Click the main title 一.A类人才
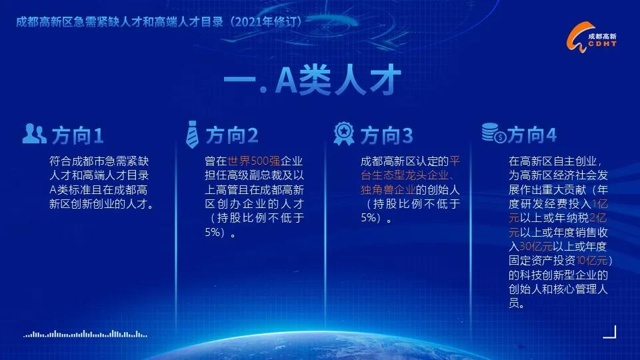point(312,79)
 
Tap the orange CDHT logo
point(591,37)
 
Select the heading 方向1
point(77,135)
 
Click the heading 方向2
point(232,135)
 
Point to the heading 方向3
point(387,135)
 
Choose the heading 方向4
point(532,135)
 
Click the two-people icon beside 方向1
point(34,133)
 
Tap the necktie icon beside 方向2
point(192,134)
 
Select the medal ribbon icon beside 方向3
point(344,133)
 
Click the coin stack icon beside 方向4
point(494,133)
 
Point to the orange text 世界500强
point(253,161)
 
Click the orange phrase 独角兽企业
point(388,190)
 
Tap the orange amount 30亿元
point(536,247)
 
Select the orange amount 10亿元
point(592,261)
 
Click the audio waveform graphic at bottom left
point(85,334)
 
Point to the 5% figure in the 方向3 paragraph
point(369,217)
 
